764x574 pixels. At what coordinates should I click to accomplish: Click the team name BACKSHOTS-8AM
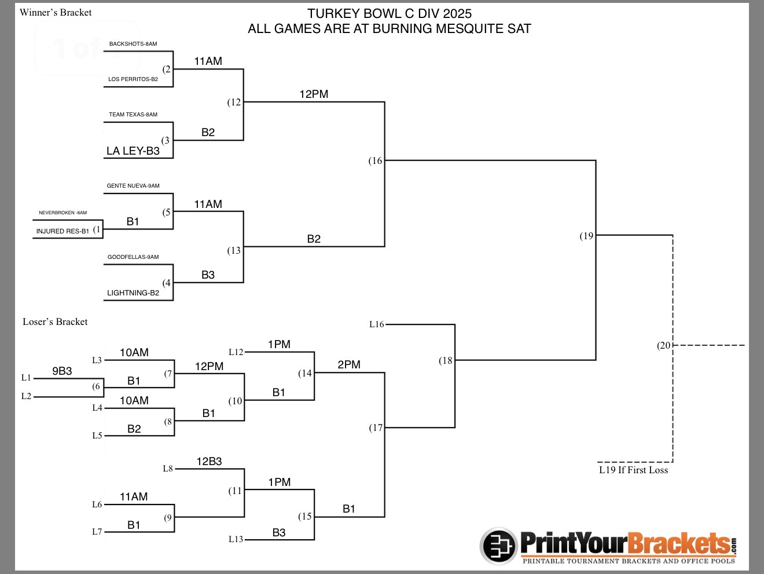133,44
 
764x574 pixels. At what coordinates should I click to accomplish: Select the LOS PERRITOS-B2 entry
133,79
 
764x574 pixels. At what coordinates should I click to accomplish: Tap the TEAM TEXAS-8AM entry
133,115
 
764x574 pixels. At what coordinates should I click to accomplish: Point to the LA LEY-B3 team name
133,151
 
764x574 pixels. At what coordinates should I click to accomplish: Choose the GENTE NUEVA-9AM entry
133,186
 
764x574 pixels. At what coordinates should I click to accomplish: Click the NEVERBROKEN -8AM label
63,213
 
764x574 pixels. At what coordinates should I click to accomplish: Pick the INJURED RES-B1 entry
63,231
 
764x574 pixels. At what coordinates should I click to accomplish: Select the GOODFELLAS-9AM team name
133,257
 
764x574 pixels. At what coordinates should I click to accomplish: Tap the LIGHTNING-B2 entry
133,293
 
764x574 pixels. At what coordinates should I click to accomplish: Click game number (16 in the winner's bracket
376,161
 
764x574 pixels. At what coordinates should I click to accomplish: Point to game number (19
587,236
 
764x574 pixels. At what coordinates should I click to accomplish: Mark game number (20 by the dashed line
664,346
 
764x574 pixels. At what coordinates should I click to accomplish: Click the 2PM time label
349,365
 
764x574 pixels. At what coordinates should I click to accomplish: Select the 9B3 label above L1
62,371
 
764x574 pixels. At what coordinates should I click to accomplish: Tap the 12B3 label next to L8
209,462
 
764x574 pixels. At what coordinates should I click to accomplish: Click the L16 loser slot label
377,325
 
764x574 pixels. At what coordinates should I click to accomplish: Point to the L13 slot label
236,540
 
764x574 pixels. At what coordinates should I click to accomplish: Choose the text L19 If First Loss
633,470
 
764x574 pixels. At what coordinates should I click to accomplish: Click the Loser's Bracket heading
55,322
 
